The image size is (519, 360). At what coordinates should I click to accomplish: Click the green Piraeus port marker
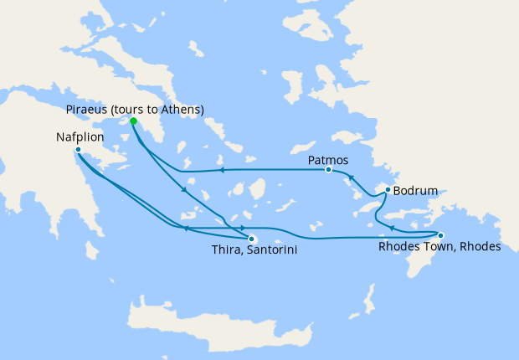pyautogui.click(x=133, y=121)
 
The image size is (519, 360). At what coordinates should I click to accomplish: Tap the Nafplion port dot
pyautogui.click(x=78, y=151)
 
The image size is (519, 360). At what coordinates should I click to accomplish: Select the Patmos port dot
pyautogui.click(x=328, y=170)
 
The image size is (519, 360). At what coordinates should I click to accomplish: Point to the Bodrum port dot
pyautogui.click(x=387, y=191)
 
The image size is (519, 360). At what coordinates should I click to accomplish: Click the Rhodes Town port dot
pyautogui.click(x=440, y=235)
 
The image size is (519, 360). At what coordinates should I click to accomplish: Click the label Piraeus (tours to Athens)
pyautogui.click(x=135, y=109)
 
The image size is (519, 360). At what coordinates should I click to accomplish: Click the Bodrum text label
pyautogui.click(x=415, y=191)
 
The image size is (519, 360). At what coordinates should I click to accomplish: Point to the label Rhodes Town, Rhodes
pyautogui.click(x=439, y=248)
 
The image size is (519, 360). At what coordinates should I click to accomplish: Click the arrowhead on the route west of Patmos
pyautogui.click(x=222, y=170)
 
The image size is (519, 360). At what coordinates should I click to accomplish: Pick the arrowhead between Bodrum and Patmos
pyautogui.click(x=352, y=177)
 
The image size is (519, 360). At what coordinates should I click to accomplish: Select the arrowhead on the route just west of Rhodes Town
pyautogui.click(x=392, y=228)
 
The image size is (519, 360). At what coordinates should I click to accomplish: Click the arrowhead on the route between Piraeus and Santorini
pyautogui.click(x=184, y=188)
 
